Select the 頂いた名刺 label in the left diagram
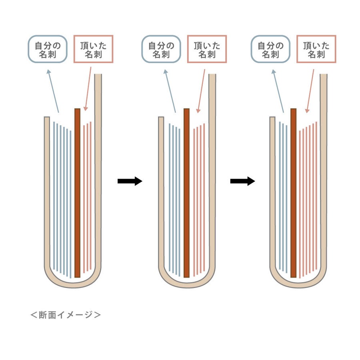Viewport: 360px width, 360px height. (x=94, y=49)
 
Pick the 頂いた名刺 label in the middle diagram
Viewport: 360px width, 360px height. (x=207, y=49)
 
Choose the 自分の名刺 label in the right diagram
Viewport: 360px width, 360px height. (x=270, y=49)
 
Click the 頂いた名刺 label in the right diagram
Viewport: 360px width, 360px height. (x=316, y=49)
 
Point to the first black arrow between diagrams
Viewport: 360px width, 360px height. (x=130, y=181)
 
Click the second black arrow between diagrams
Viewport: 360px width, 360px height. (x=242, y=181)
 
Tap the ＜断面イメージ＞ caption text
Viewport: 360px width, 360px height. (x=66, y=315)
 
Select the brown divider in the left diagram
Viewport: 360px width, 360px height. (x=78, y=192)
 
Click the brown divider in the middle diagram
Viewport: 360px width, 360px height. (x=186, y=192)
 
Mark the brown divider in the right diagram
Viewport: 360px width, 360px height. (x=294, y=192)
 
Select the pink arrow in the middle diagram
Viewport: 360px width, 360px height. (x=201, y=90)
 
